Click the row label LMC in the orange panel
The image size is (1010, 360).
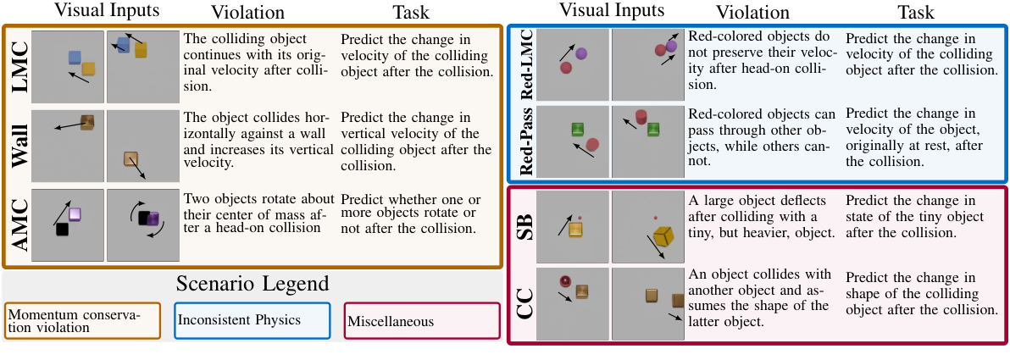pos(16,68)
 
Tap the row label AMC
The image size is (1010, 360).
pos(16,225)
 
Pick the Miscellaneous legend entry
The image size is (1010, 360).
pos(420,321)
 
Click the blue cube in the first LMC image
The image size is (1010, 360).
pos(75,57)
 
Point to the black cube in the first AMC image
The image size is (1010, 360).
pos(61,230)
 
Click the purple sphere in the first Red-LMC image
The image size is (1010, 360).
pos(581,54)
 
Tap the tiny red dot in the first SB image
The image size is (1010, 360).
pos(580,219)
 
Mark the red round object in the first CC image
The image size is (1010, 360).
pos(563,282)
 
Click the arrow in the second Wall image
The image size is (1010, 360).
pos(137,169)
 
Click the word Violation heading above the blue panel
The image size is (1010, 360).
pos(753,14)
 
